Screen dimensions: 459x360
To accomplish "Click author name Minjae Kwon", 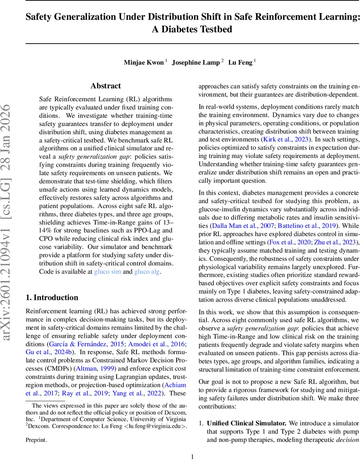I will (144, 63).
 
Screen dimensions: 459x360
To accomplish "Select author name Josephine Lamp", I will (196, 63).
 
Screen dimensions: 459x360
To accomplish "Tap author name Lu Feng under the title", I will (240, 63).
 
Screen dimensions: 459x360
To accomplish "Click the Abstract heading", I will (106, 86).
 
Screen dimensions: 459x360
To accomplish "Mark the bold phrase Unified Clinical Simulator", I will (246, 423).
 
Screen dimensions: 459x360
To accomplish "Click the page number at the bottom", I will (192, 456).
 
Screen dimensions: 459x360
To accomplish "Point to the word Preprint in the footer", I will (36, 440).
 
